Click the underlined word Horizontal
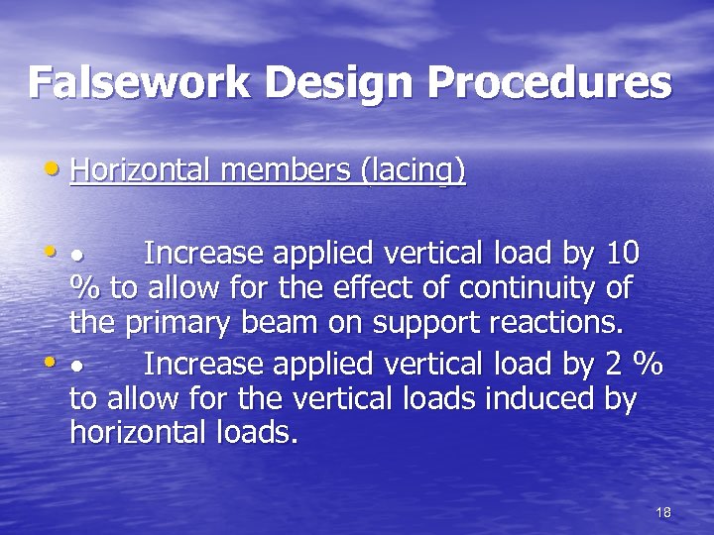click(143, 170)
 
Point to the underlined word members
click(289, 170)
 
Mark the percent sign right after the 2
click(649, 365)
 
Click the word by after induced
click(616, 401)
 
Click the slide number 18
click(663, 511)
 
